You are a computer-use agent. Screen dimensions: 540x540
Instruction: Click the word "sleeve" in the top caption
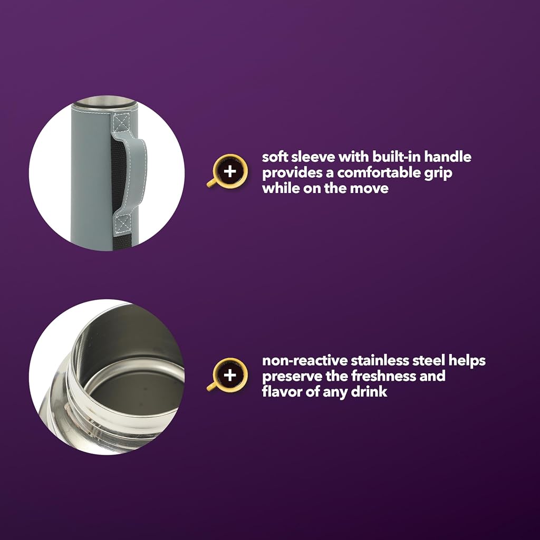(312, 157)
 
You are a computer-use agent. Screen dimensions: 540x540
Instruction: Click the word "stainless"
(380, 361)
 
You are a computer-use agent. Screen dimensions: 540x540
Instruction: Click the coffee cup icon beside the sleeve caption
(227, 171)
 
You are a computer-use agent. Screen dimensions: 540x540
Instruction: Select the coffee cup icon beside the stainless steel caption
(227, 375)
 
